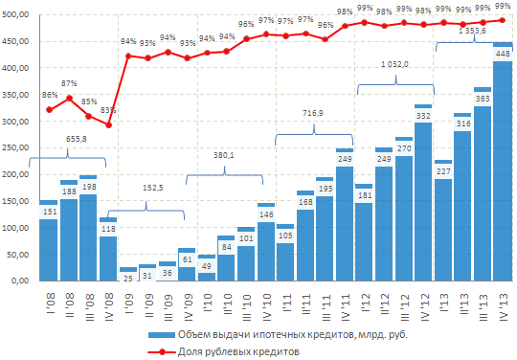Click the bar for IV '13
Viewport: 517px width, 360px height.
503,162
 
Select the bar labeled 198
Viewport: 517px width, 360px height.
88,228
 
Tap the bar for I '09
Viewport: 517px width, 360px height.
128,274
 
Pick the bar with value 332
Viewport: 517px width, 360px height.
423,192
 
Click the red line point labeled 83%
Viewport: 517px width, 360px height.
108,124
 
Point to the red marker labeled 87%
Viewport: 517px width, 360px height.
69,98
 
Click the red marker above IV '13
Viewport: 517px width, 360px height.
503,20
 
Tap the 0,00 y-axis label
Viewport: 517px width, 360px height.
20,281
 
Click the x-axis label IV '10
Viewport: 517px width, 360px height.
266,307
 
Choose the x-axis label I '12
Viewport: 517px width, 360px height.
365,303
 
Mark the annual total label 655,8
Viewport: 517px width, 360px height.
77,139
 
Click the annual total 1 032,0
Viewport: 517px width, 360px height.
394,64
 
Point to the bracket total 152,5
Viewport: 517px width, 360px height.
152,188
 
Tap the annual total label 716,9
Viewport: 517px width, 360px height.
313,113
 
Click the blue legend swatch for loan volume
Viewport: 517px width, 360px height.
162,335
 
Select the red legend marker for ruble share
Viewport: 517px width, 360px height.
162,351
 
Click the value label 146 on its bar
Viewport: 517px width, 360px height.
266,214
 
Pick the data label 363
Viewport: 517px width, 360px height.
483,99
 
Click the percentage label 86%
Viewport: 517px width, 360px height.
50,95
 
